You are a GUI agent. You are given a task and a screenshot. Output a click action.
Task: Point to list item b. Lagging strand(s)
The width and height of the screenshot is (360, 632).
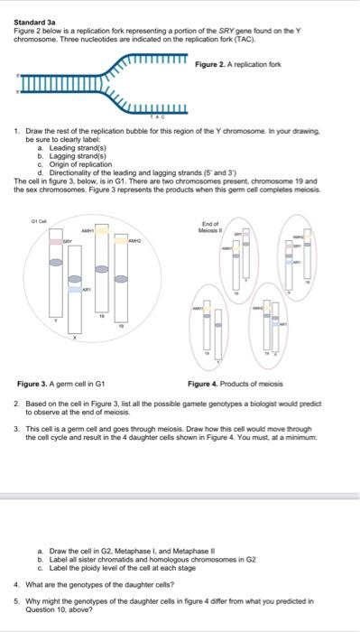(x=63, y=155)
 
